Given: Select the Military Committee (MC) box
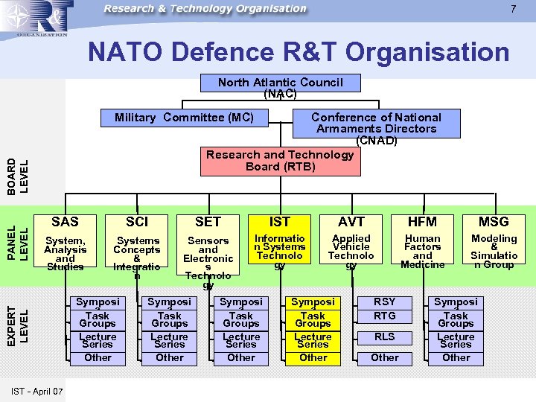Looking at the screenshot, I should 184,118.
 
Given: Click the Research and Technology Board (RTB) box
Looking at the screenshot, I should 280,161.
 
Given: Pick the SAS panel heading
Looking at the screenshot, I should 65,221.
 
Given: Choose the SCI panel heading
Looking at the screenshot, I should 137,221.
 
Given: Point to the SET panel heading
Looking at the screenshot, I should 208,221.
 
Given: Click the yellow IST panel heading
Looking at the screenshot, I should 279,221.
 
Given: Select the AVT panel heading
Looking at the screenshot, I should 351,221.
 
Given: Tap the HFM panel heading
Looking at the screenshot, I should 422,221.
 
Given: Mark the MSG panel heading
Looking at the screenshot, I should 494,221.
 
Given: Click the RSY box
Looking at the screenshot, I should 384,301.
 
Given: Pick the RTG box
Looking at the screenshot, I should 384,316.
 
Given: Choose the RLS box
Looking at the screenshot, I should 384,336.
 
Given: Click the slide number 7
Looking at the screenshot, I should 513,9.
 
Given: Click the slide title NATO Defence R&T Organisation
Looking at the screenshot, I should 299,52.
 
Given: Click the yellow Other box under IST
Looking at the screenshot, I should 313,357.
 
